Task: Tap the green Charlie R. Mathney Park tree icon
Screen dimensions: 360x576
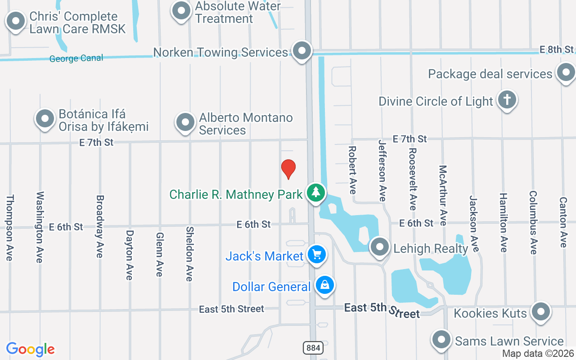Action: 316,193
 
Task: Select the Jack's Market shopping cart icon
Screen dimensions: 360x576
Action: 317,254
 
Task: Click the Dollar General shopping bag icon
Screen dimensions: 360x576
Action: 324,285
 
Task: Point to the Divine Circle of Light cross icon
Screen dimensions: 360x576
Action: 507,100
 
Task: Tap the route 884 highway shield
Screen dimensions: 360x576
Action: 313,347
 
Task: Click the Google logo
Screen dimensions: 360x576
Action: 30,349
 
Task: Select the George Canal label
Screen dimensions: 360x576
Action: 76,58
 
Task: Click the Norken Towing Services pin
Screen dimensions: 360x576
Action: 301,50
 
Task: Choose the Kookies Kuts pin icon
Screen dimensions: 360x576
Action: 540,311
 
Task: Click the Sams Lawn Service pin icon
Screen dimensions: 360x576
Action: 441,340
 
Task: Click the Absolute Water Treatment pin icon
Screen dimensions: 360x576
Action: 181,11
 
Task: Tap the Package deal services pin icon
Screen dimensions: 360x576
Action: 566,72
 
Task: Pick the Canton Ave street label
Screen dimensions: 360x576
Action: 563,222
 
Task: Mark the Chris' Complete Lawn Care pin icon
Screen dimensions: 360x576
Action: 16,21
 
